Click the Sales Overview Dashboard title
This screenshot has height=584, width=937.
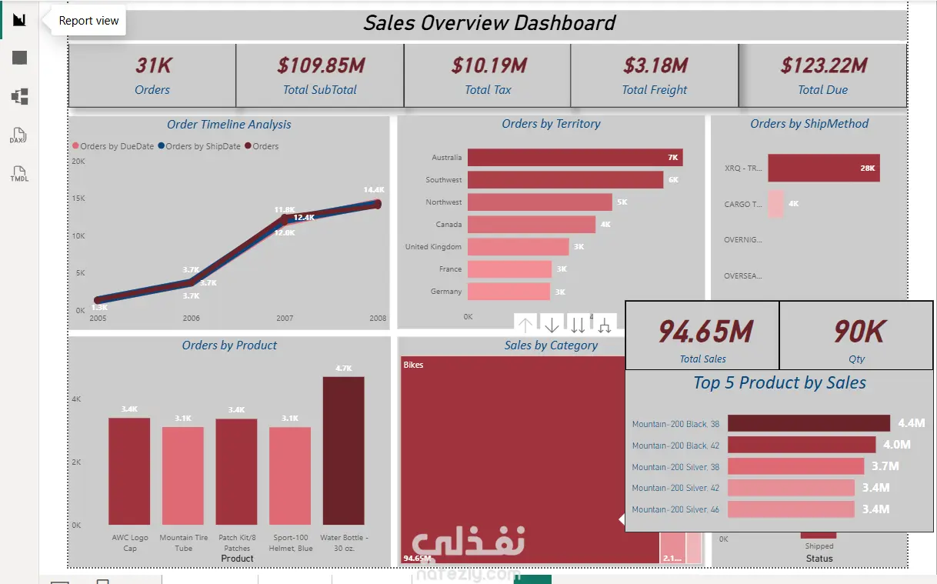489,23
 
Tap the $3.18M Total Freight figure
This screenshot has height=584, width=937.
655,66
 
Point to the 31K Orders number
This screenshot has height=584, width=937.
152,66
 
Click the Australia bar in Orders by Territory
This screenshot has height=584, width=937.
575,158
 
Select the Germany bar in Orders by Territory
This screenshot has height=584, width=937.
509,292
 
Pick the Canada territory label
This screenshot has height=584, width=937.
448,225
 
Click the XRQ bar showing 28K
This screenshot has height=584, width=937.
823,168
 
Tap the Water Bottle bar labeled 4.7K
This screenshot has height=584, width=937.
343,451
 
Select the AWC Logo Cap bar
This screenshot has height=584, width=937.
129,471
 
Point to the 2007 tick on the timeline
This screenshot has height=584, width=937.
284,318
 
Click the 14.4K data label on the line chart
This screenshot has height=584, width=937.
374,190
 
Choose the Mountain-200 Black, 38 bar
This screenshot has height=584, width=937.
809,423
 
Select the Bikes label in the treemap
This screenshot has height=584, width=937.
413,365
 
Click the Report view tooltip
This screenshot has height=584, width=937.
88,21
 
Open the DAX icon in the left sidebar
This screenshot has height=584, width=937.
19,137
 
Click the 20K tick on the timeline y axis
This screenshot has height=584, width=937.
78,162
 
